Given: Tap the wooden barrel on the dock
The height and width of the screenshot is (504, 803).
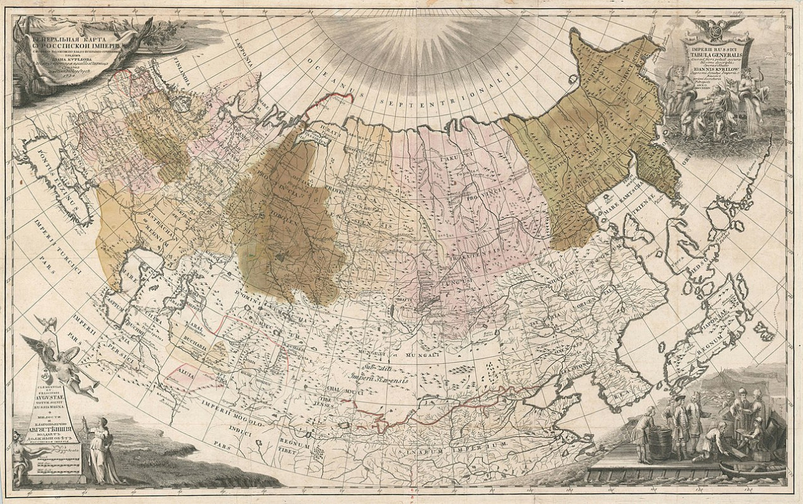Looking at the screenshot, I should pyautogui.click(x=659, y=443).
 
